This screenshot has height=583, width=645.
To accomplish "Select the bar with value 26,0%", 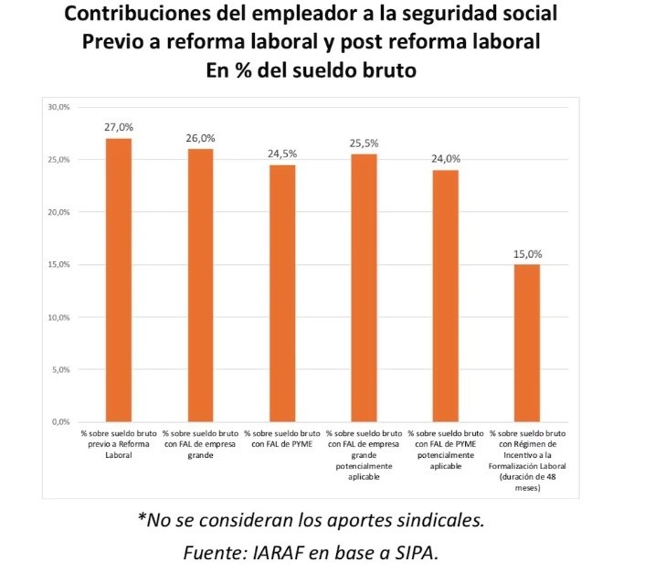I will (x=199, y=285).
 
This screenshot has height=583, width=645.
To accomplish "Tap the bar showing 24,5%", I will (x=281, y=293).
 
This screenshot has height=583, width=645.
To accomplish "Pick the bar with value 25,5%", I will (x=364, y=288).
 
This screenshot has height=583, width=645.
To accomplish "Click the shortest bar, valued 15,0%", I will (x=527, y=343).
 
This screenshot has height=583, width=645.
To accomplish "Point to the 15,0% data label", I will (x=527, y=255).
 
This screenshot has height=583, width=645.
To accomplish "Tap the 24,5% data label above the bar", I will (x=281, y=154).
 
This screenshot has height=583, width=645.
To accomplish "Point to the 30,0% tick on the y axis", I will (x=58, y=107).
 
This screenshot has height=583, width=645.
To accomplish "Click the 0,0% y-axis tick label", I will (x=60, y=422).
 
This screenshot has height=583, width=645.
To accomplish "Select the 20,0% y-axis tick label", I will (x=58, y=212).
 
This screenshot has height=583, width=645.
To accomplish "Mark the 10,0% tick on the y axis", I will (x=58, y=317).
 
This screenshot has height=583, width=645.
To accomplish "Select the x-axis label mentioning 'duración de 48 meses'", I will (x=527, y=460).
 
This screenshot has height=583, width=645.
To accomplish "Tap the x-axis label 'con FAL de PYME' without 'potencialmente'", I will (x=281, y=438).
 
